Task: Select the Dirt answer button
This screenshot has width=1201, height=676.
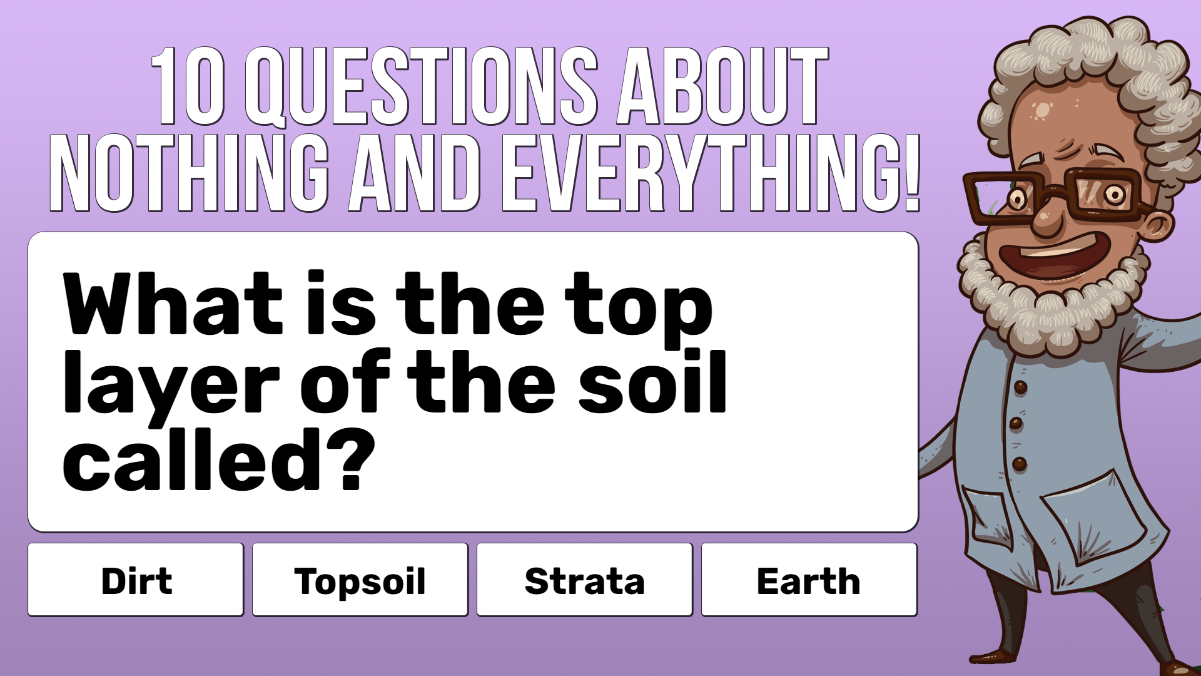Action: (x=136, y=580)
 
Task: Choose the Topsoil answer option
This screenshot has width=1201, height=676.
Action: (x=360, y=580)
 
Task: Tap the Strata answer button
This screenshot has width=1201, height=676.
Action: (x=585, y=580)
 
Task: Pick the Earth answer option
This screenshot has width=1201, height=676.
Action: (x=809, y=580)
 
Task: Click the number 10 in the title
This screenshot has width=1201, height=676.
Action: (x=188, y=86)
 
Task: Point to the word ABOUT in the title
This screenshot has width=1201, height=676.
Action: (x=722, y=86)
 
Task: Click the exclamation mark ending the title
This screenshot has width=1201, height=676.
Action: (x=912, y=173)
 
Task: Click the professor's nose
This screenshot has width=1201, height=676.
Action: (x=1047, y=218)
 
